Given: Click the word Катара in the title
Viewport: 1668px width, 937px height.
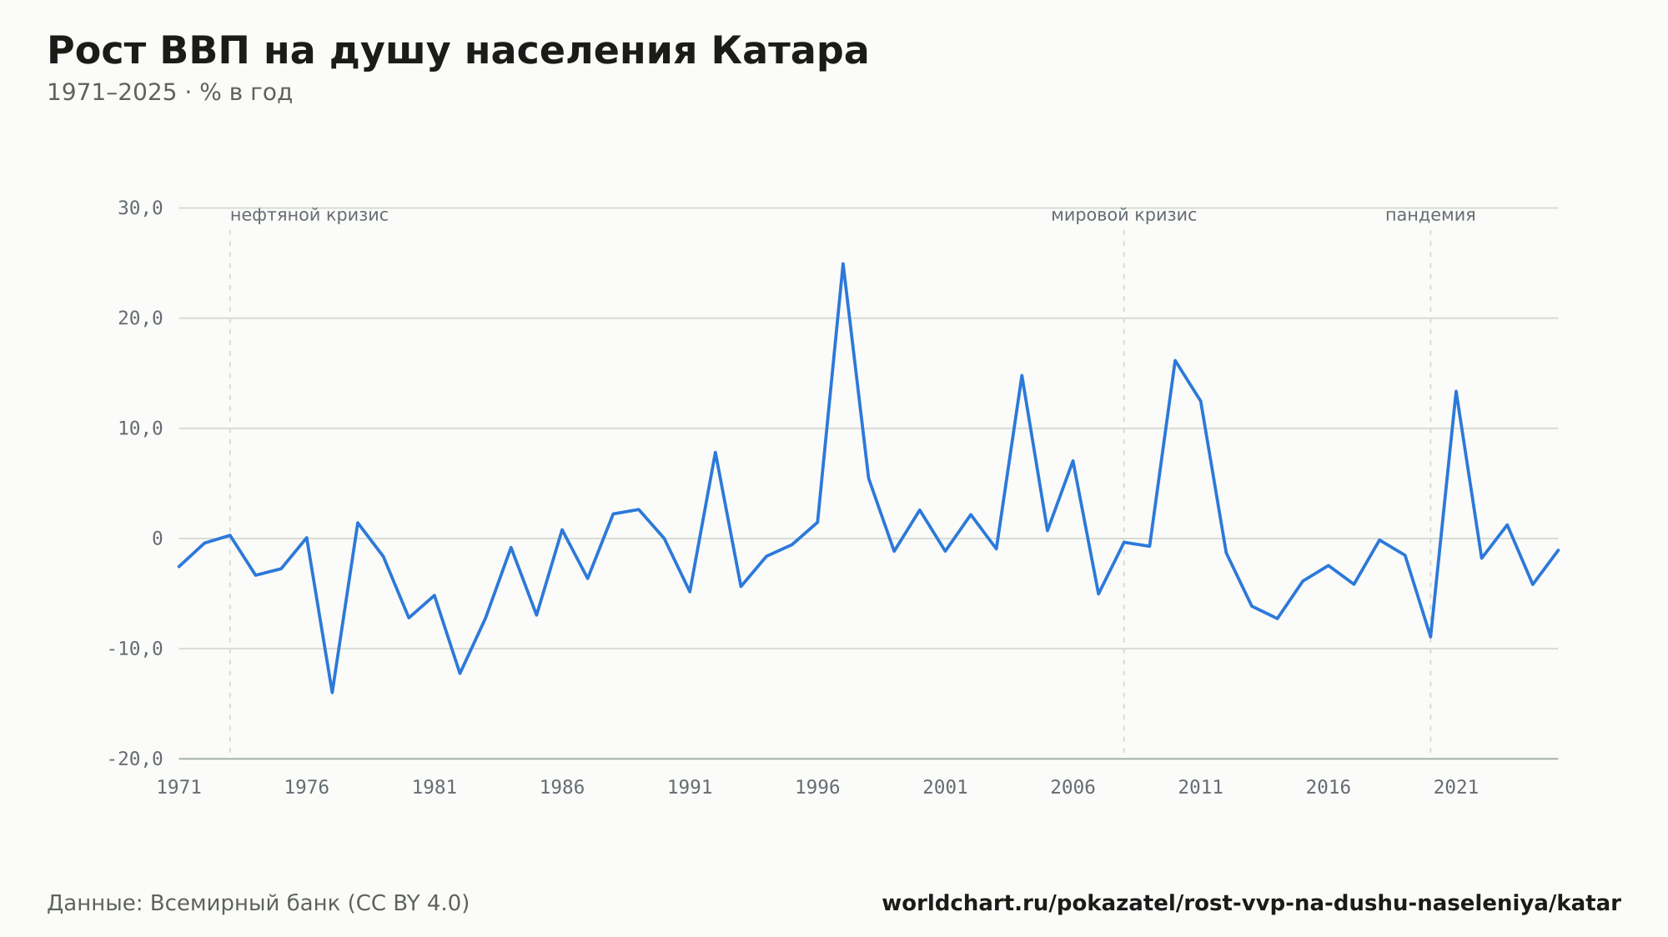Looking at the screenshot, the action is tap(790, 51).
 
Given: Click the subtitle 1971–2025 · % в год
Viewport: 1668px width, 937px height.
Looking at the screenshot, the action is tap(169, 93).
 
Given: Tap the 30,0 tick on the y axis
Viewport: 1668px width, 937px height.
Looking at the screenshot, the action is tap(140, 208).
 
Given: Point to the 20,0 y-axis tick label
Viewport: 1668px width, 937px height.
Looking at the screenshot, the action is tap(140, 318).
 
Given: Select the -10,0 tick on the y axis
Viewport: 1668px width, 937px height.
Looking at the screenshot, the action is tap(135, 649).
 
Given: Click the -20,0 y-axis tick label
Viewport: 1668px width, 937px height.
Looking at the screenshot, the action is tap(135, 759).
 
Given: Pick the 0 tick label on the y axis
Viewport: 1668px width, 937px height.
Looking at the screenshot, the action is tap(158, 539).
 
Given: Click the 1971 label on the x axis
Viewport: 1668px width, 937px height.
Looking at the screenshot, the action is tap(179, 788).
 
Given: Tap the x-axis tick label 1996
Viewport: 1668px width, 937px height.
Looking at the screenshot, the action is tap(817, 788).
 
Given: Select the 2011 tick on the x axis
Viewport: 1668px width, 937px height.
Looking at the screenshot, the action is tap(1200, 788).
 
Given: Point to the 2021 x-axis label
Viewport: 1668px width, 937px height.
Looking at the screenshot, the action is tap(1455, 788).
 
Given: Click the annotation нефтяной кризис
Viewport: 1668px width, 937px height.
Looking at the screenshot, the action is tap(309, 215).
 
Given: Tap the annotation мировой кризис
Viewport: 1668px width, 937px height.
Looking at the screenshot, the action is tap(1123, 215).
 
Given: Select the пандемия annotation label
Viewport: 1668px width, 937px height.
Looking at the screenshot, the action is tap(1430, 215).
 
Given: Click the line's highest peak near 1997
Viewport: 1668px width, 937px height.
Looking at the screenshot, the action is tap(842, 263).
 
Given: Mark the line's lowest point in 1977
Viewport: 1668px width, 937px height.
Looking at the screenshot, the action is tap(332, 693).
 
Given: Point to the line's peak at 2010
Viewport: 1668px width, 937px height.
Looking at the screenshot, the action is tap(1174, 360).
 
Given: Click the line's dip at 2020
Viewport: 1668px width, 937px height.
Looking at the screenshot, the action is tap(1430, 637).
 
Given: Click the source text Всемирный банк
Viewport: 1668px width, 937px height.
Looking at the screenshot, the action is tap(245, 904).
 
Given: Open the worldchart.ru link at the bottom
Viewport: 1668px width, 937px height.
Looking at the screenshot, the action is tap(1251, 904).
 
